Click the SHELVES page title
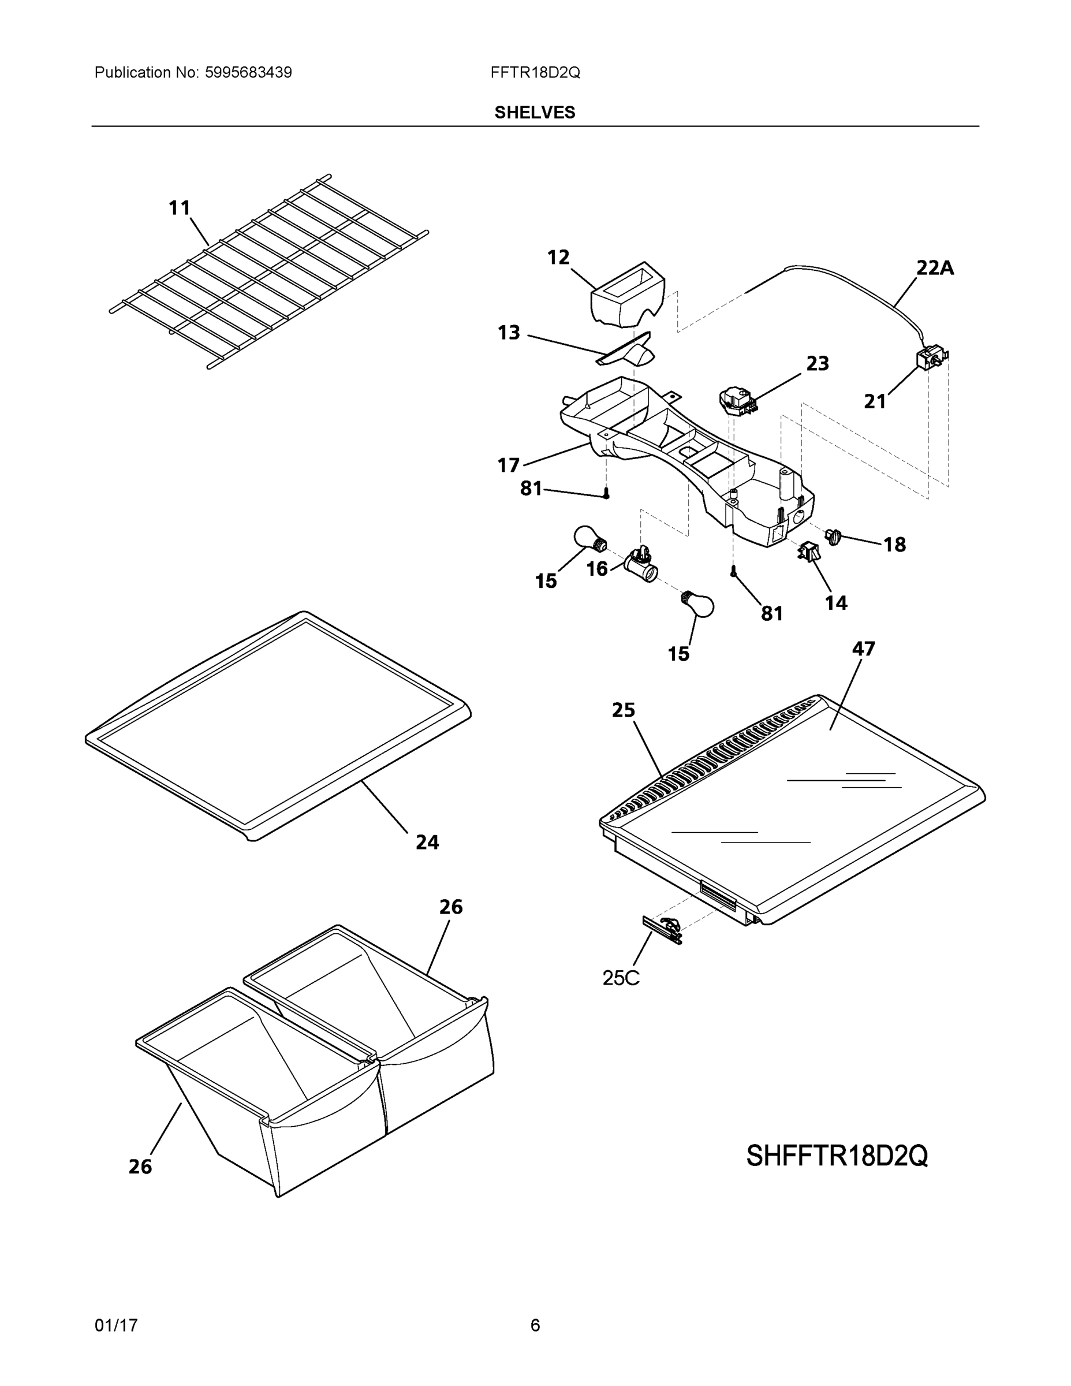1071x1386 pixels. click(x=535, y=113)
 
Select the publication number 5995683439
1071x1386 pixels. click(x=248, y=72)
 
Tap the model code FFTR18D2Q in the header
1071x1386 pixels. click(x=535, y=72)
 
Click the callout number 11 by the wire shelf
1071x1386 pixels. click(x=180, y=207)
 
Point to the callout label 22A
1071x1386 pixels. click(x=935, y=268)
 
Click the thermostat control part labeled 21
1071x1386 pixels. click(x=930, y=359)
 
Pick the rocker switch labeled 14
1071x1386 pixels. click(x=808, y=552)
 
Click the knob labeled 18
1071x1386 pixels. click(x=833, y=537)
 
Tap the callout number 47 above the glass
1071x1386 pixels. click(x=864, y=649)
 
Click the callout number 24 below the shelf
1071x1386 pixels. click(x=427, y=842)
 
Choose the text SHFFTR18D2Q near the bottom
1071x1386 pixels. click(x=837, y=1156)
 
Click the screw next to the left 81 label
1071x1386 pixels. click(x=607, y=493)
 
